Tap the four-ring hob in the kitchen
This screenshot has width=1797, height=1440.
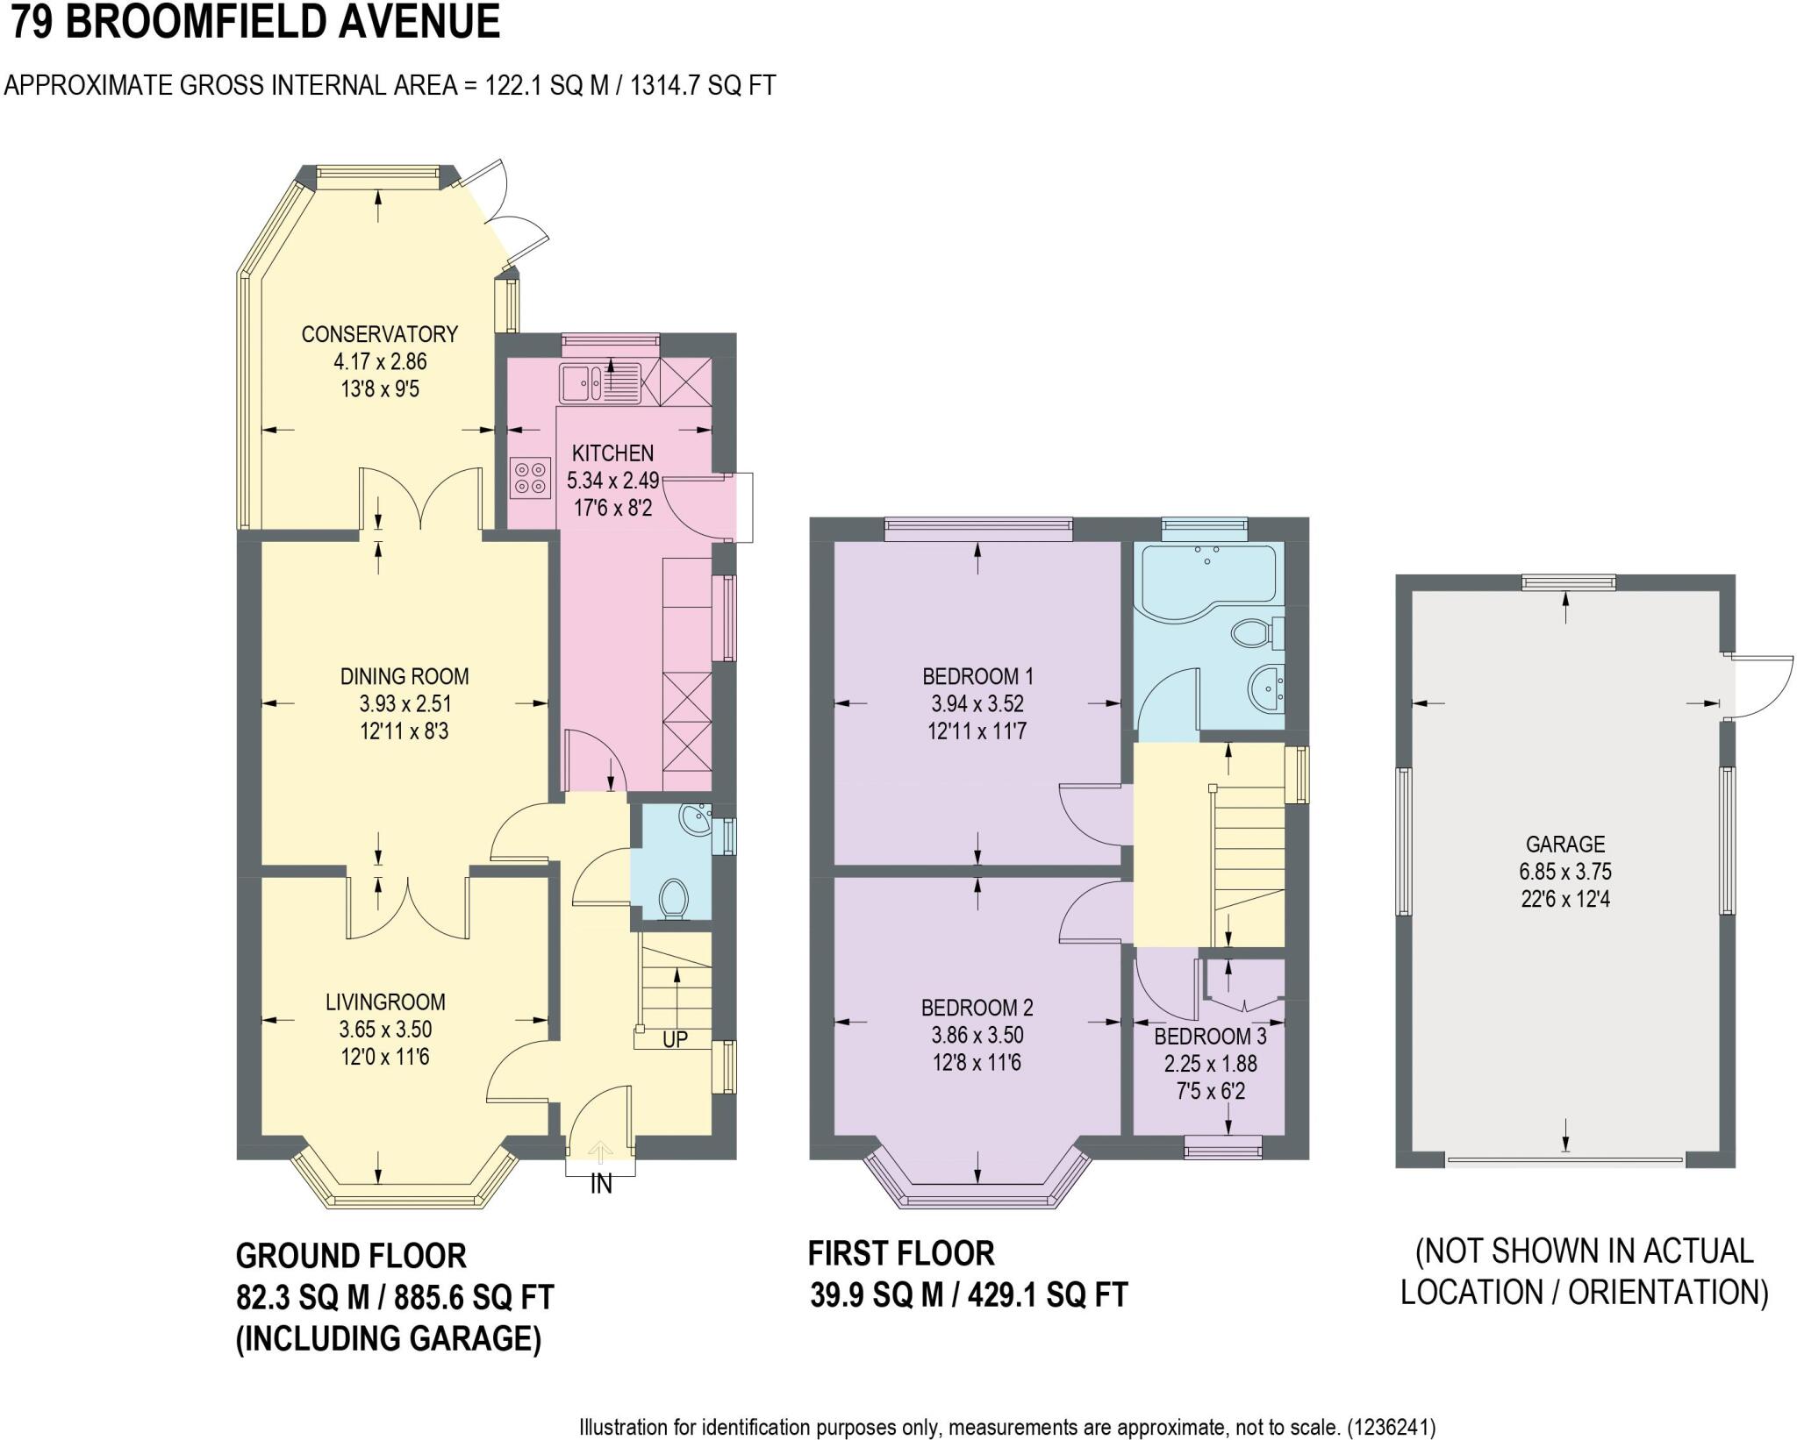coord(529,478)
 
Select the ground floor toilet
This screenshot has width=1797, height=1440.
coord(674,899)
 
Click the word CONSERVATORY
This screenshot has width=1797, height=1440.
coord(379,334)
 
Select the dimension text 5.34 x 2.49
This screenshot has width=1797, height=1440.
coord(612,481)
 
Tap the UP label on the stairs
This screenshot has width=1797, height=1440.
coord(675,1039)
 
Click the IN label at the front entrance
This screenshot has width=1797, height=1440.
coord(601,1185)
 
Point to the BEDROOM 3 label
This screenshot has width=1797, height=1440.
coord(1210,1037)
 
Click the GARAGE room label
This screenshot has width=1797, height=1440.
coord(1565,845)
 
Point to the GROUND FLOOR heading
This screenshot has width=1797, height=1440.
coord(351,1256)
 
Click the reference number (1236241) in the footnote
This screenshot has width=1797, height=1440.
coord(1392,1427)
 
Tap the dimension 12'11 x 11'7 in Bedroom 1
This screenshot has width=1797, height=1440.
coord(977,731)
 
